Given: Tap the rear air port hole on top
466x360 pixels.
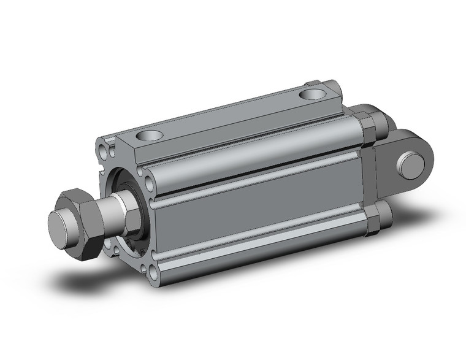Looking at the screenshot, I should pyautogui.click(x=315, y=95).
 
